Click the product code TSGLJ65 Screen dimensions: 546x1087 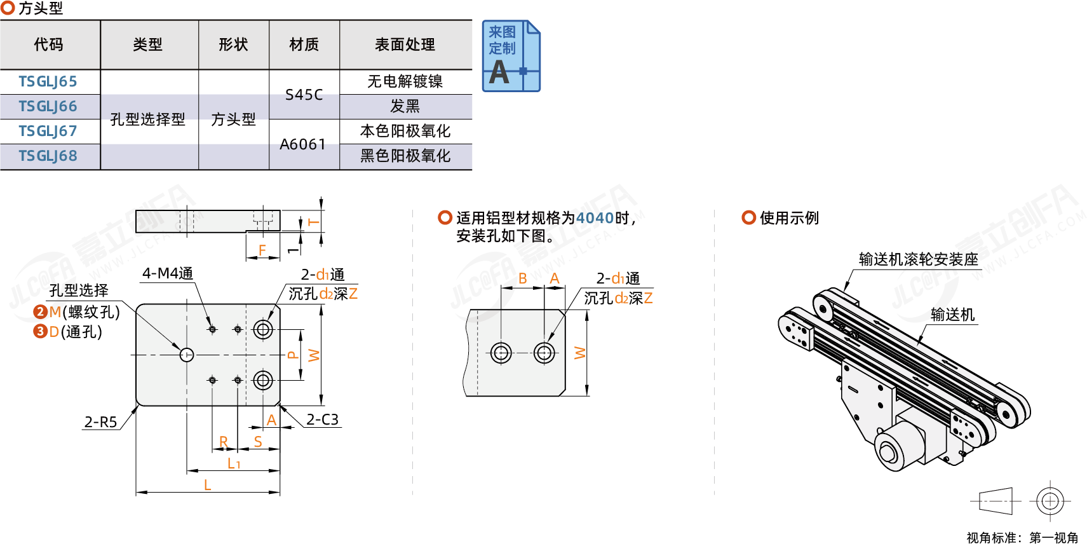48,81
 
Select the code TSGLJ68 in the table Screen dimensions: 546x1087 48,156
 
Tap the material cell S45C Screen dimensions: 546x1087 304,95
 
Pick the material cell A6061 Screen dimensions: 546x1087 303,144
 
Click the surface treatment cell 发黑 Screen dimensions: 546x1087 405,106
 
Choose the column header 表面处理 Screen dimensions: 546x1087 405,44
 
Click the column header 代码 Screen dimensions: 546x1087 49,44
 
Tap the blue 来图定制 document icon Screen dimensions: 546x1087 510,56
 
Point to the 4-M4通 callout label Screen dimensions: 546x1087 167,273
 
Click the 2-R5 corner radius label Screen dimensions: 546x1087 101,422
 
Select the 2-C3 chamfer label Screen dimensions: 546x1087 322,420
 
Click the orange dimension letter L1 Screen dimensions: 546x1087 234,463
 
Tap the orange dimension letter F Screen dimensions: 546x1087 262,250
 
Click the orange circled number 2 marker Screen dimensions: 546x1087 40,311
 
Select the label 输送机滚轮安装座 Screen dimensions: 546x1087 918,259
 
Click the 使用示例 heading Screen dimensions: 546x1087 789,218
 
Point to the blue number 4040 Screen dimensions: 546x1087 595,218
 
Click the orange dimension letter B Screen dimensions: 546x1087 522,278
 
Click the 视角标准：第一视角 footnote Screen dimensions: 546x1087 1022,538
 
